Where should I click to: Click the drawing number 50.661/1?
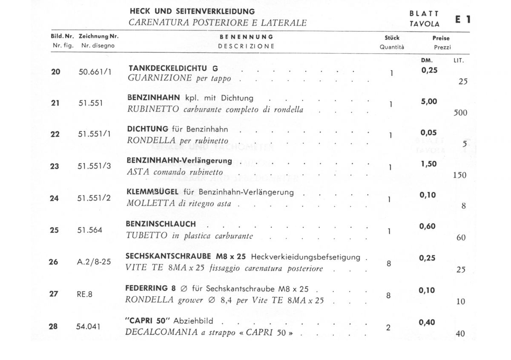95,72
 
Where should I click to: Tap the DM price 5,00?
429,102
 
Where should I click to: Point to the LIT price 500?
460,113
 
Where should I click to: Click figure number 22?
55,134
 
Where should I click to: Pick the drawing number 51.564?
90,230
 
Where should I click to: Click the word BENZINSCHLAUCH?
161,224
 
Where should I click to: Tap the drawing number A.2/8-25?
94,262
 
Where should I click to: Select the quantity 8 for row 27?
388,295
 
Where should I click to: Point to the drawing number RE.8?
85,293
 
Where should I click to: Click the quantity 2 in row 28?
388,328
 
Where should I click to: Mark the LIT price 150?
459,175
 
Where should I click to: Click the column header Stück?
392,38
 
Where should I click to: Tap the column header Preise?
441,38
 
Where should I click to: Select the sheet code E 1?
463,20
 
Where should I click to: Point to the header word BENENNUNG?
247,37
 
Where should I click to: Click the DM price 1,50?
429,164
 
